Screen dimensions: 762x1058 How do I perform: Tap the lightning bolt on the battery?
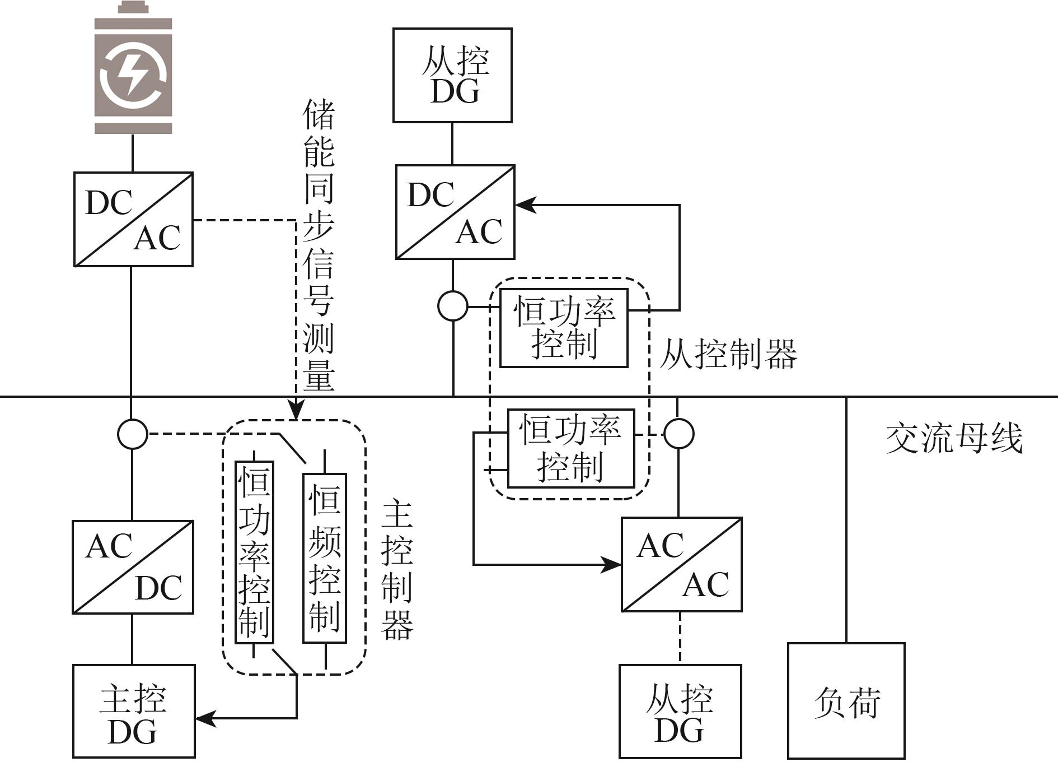(x=133, y=73)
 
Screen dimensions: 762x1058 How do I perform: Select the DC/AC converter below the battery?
(x=133, y=219)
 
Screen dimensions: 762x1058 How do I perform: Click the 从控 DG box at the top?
(x=452, y=75)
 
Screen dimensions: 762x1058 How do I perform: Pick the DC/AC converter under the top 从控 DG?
(x=455, y=212)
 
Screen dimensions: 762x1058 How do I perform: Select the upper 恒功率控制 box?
(x=564, y=328)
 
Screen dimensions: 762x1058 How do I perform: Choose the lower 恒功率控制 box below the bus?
(x=571, y=448)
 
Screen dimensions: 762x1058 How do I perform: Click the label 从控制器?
(x=728, y=354)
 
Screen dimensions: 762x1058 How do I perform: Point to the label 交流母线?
(x=954, y=438)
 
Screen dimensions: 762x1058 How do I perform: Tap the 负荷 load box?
(x=846, y=700)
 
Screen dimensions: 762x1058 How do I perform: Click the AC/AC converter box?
(x=682, y=564)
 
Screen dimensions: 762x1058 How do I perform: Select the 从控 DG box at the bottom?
(x=680, y=711)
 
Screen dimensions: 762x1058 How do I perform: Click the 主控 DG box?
(x=134, y=711)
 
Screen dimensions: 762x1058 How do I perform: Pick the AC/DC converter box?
(x=133, y=567)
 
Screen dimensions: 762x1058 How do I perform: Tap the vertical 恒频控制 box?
(x=325, y=557)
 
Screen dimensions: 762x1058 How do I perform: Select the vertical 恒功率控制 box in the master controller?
(x=254, y=552)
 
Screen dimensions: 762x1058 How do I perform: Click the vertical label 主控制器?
(x=397, y=570)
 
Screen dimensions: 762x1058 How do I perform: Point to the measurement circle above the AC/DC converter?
(x=133, y=434)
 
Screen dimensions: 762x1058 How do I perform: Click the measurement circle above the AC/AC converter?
(x=678, y=434)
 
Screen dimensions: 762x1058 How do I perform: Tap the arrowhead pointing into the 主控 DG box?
(x=205, y=718)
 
